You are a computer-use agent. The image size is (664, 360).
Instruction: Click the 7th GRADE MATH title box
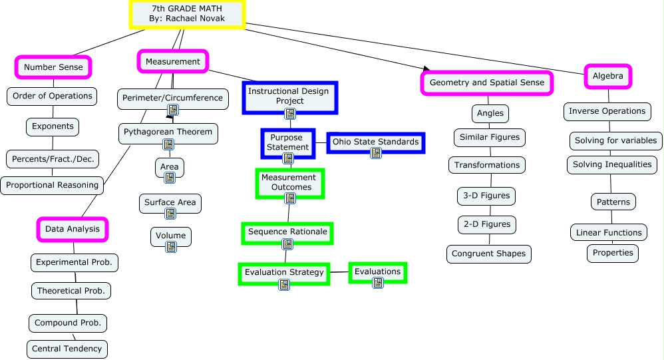pyautogui.click(x=188, y=14)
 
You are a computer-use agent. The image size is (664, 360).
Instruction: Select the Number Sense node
pyautogui.click(x=53, y=67)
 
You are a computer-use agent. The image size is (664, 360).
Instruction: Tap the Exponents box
pyautogui.click(x=53, y=126)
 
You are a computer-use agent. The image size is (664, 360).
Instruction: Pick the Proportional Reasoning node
pyautogui.click(x=52, y=185)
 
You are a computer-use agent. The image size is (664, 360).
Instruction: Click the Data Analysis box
pyautogui.click(x=73, y=229)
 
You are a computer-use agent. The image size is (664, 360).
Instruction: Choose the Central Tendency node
pyautogui.click(x=67, y=349)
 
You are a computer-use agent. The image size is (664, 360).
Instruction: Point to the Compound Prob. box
pyautogui.click(x=68, y=323)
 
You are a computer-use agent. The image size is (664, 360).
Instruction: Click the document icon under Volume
pyautogui.click(x=171, y=247)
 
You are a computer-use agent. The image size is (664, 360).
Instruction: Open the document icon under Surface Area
pyautogui.click(x=170, y=214)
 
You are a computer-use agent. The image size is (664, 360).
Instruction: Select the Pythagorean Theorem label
pyautogui.click(x=168, y=132)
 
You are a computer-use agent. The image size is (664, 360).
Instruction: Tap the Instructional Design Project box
pyautogui.click(x=289, y=96)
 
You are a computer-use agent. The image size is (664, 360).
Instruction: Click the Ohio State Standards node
pyautogui.click(x=376, y=142)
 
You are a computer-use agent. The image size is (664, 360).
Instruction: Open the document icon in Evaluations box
pyautogui.click(x=378, y=283)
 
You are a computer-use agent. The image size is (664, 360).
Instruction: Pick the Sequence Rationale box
pyautogui.click(x=287, y=232)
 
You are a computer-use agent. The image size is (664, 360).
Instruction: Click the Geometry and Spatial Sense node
pyautogui.click(x=487, y=83)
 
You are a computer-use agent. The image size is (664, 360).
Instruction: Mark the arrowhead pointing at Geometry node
pyautogui.click(x=424, y=69)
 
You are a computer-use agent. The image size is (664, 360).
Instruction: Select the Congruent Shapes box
pyautogui.click(x=489, y=254)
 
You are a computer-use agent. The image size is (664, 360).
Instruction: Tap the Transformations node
pyautogui.click(x=487, y=165)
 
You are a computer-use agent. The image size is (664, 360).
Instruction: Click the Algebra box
pyautogui.click(x=608, y=76)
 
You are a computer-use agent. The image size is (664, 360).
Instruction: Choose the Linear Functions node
pyautogui.click(x=609, y=232)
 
